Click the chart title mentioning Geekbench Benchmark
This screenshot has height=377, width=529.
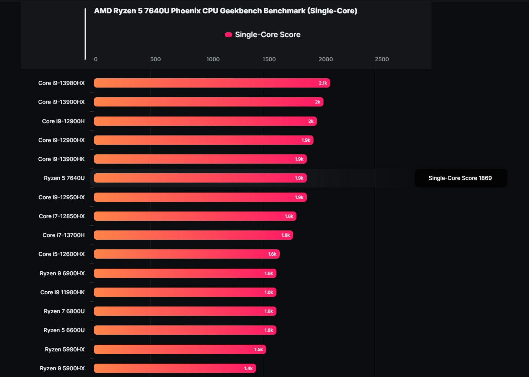click(x=226, y=11)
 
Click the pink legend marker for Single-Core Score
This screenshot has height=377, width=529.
click(x=229, y=35)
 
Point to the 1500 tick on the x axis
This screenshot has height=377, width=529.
click(x=269, y=59)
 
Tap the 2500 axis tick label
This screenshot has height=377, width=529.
click(x=382, y=59)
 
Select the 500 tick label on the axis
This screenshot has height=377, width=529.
click(x=155, y=59)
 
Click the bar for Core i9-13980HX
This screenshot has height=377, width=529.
click(x=211, y=83)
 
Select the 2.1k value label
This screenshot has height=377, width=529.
click(x=323, y=83)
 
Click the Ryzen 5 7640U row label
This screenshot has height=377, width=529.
click(x=64, y=178)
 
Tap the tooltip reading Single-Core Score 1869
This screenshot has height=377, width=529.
click(x=460, y=178)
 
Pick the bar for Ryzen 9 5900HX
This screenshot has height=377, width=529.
click(x=174, y=368)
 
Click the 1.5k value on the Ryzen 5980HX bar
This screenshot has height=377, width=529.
click(x=259, y=350)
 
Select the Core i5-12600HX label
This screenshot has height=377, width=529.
click(x=62, y=254)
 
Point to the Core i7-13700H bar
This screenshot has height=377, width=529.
click(x=193, y=235)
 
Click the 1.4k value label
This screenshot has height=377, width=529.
click(x=248, y=368)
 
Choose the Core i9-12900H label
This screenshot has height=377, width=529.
click(x=63, y=121)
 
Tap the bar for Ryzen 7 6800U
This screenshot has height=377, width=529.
click(x=185, y=311)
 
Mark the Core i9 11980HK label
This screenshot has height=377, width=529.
click(x=62, y=292)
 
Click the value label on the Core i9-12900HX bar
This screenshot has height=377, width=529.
click(x=306, y=140)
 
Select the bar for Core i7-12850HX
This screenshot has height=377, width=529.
click(x=195, y=216)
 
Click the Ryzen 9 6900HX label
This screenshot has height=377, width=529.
click(x=62, y=273)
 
